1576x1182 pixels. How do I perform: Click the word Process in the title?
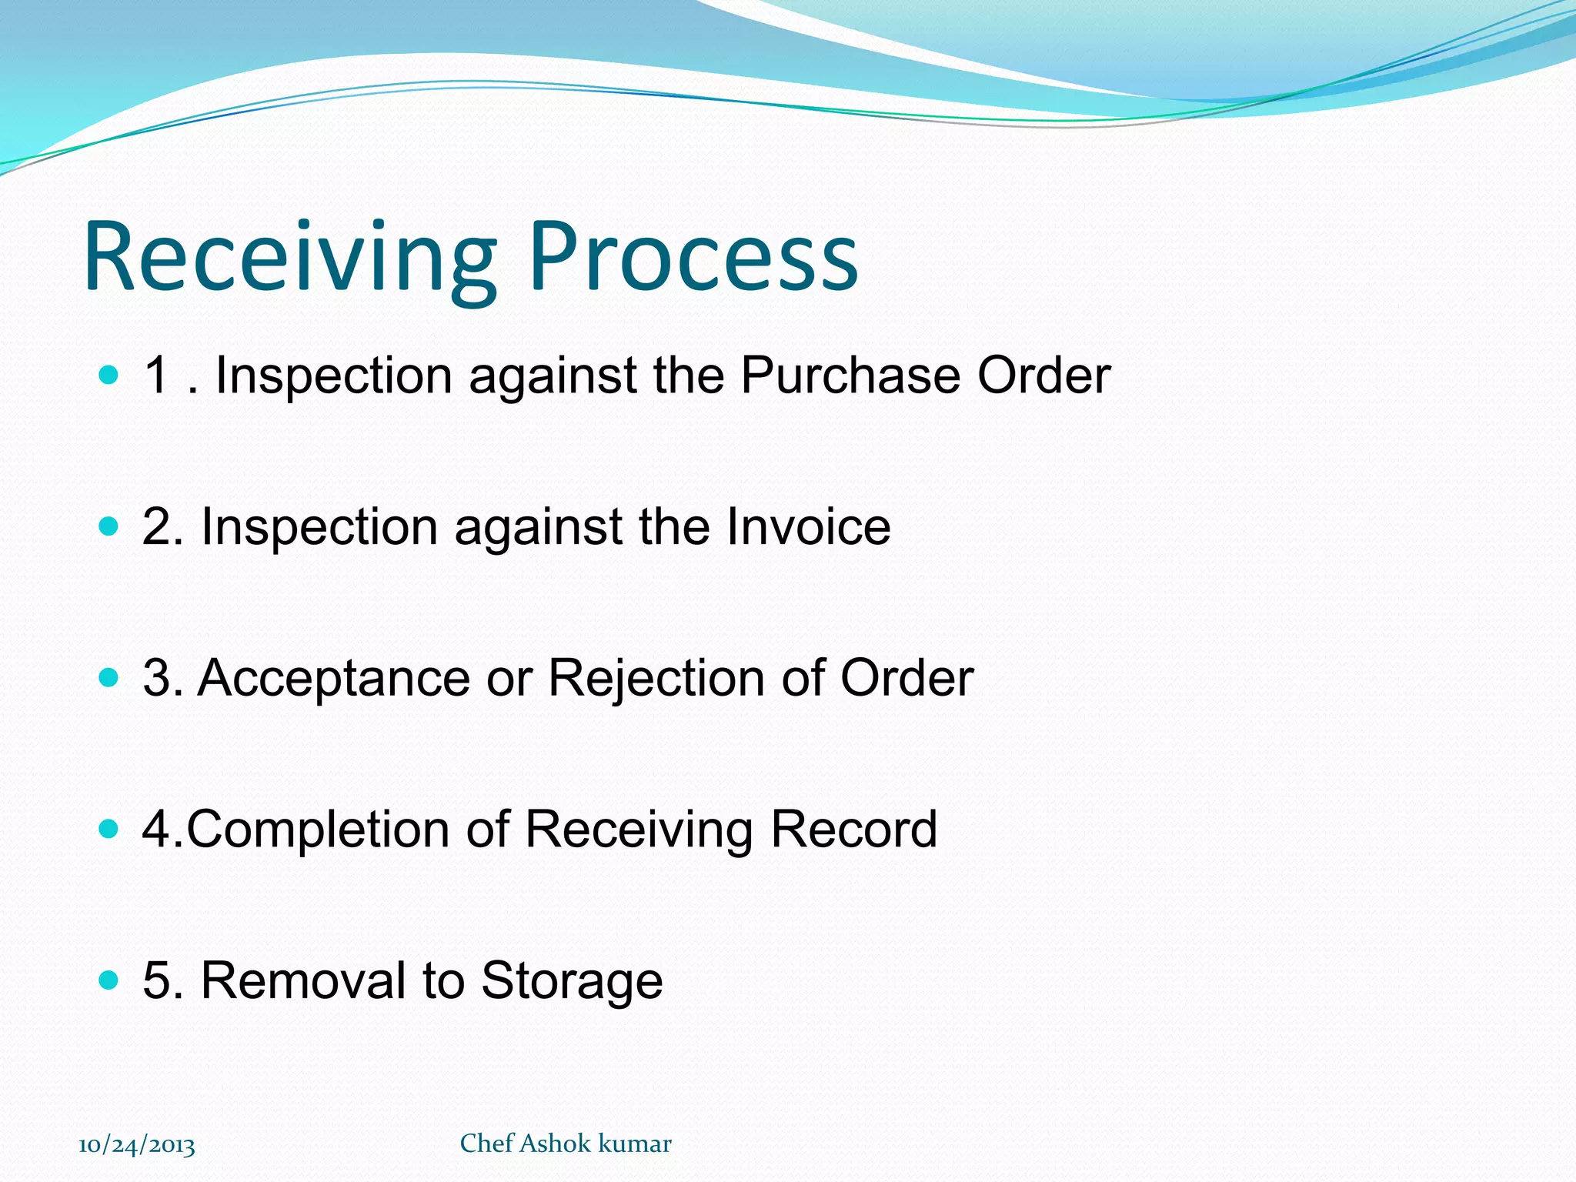point(693,258)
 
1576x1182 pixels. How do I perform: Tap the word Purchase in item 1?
point(850,376)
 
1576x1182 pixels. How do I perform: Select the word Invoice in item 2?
point(808,527)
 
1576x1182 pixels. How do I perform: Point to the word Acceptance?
point(333,679)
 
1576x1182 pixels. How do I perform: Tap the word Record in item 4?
point(853,830)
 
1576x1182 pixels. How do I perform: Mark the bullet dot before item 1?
point(109,376)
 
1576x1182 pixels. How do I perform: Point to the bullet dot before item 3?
point(109,678)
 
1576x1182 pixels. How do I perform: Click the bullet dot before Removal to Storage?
point(109,980)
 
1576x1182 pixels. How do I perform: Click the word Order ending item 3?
point(907,679)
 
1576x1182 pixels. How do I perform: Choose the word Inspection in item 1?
point(333,376)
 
